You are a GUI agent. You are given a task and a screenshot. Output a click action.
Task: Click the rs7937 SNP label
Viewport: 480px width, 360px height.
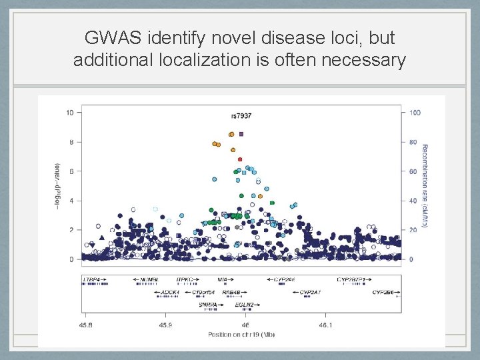pos(241,116)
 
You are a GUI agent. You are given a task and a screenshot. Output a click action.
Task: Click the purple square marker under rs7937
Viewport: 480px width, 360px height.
pos(241,134)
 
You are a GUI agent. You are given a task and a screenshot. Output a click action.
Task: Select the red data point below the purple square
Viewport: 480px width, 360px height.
pos(240,159)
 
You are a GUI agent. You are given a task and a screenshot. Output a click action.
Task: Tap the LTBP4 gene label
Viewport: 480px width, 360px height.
pos(91,279)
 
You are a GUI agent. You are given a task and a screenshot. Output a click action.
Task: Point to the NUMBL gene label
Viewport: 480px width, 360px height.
pos(149,279)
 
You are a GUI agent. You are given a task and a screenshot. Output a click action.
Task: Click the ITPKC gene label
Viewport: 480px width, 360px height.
pos(185,279)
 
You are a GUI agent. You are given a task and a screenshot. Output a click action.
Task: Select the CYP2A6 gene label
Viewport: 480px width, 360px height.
pos(285,279)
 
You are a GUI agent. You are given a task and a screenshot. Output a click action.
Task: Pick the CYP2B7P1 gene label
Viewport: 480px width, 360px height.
pos(351,279)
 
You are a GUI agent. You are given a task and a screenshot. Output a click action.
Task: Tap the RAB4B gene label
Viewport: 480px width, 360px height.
pos(231,292)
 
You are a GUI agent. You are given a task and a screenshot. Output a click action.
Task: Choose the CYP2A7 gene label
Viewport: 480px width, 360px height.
pos(310,292)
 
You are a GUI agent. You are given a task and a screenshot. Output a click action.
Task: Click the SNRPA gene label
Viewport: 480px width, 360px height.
pos(207,305)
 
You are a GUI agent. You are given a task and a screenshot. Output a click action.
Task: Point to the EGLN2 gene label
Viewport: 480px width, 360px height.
pos(244,305)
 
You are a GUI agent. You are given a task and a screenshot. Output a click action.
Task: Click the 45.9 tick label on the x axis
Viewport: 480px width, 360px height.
pos(165,325)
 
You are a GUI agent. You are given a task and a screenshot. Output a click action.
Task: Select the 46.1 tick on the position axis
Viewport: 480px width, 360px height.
pos(324,325)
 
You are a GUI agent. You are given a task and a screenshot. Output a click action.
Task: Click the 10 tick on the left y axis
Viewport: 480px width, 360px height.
pos(70,113)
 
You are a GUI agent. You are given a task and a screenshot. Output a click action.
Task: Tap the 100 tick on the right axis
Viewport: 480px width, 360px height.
pos(415,113)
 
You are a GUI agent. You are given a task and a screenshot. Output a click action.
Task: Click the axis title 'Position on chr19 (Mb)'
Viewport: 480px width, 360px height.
pos(241,333)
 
